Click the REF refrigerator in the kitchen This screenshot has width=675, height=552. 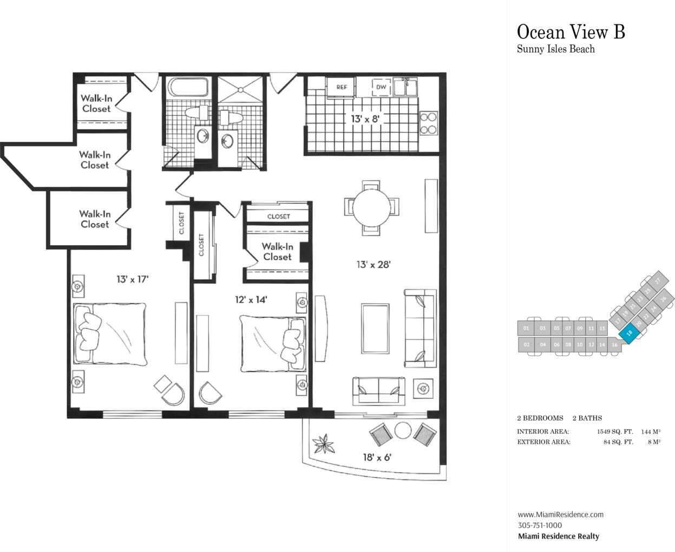pos(341,87)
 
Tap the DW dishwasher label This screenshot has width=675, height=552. pos(381,87)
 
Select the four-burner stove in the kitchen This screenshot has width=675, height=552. pos(429,123)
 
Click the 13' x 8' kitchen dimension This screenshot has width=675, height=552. pos(365,119)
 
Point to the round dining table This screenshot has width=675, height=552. pos(371,208)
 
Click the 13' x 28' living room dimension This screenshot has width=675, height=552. pos(373,265)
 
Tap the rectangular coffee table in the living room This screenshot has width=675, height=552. pos(376,328)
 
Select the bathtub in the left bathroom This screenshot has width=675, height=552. pos(188,87)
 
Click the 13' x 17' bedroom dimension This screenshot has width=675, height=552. pos(133,279)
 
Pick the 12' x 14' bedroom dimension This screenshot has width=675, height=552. pos(251,300)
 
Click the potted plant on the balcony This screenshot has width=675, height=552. pos(324,444)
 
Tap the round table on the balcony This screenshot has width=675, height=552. pos(403,430)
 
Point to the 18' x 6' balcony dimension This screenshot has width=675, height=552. pos(377,457)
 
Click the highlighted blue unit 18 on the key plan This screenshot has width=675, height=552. pos(629,333)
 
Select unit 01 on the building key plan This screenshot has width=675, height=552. pos(526,328)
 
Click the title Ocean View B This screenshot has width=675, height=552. pos(571,32)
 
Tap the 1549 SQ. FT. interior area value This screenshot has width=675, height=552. pos(614,432)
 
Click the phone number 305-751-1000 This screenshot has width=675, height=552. pos(540,525)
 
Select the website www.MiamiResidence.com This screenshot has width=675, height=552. pos(561,515)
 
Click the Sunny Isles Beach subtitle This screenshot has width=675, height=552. pos(556,49)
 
